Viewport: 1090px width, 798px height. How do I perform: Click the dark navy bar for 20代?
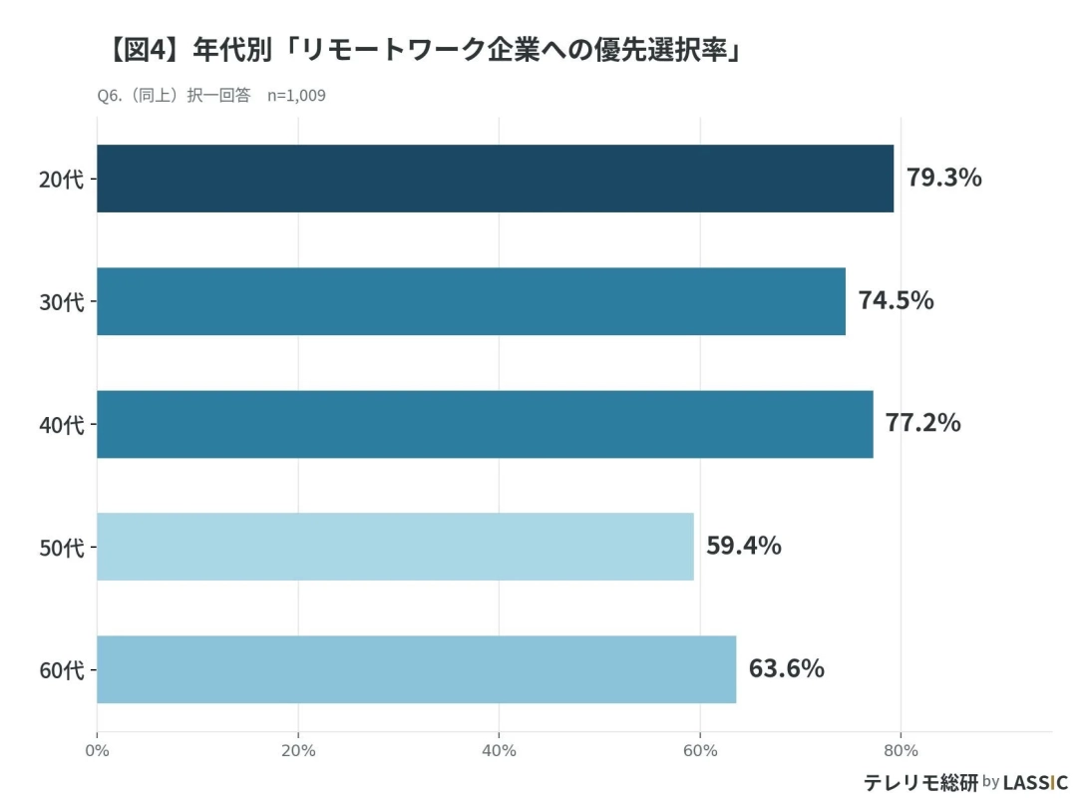coord(495,179)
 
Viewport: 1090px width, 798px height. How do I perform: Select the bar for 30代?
coord(471,301)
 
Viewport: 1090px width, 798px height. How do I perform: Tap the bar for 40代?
coord(485,424)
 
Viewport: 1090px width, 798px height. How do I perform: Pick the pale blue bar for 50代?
coord(395,547)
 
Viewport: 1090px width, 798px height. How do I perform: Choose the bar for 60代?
coord(416,669)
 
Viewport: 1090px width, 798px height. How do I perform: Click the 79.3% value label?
coord(943,178)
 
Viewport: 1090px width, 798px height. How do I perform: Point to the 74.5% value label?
coord(896,300)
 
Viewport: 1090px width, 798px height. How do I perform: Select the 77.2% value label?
coord(922,423)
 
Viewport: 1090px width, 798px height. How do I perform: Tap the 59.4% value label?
coord(743,546)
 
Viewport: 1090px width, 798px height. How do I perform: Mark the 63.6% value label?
coord(786,668)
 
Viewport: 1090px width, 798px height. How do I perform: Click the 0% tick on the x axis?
coord(97,750)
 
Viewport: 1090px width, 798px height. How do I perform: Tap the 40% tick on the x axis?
coord(499,750)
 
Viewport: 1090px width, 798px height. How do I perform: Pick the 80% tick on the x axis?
coord(901,750)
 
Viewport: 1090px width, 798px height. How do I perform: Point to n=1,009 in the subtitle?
coord(296,96)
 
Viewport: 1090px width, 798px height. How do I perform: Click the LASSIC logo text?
coord(1035,782)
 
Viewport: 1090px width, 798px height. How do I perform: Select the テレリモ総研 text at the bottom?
coord(919,782)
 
